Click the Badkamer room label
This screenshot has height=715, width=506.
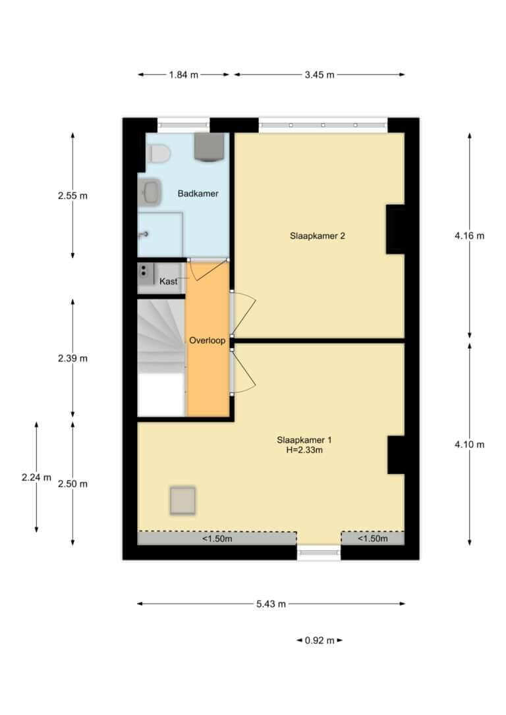(x=198, y=194)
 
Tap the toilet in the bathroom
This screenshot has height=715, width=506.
(x=158, y=153)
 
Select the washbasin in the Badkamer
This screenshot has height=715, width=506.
(x=150, y=192)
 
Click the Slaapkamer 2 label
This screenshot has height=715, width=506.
(x=317, y=236)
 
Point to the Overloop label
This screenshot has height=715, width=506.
(x=207, y=340)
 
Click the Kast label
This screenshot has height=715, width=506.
(x=168, y=281)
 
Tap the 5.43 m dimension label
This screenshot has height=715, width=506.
(x=271, y=604)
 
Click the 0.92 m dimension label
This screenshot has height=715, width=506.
(x=320, y=640)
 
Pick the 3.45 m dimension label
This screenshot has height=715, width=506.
(x=320, y=75)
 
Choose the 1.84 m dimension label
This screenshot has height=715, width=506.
(x=183, y=75)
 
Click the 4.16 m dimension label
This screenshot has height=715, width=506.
(x=470, y=236)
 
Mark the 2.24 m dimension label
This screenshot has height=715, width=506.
(x=36, y=477)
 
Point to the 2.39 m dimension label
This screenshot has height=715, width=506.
(x=72, y=358)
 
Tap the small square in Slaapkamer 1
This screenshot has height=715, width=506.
(x=183, y=500)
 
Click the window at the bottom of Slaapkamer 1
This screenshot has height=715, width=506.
(x=319, y=552)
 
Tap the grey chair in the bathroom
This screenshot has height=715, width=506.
(x=210, y=147)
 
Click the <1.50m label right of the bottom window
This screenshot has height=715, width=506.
(x=373, y=539)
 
